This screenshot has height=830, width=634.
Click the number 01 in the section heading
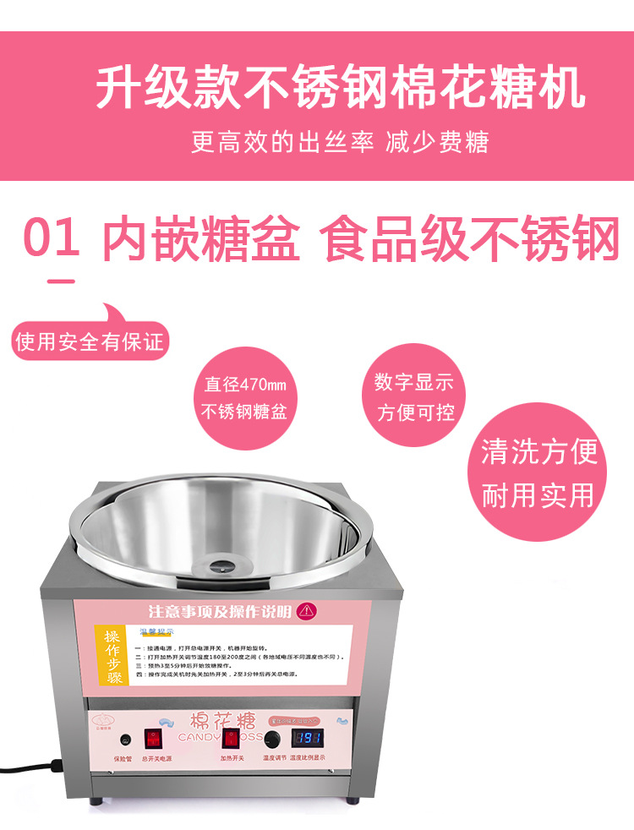[52, 239]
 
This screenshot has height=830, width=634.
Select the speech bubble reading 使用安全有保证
[90, 341]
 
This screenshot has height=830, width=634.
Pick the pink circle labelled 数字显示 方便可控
[414, 397]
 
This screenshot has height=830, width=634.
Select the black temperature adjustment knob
[272, 739]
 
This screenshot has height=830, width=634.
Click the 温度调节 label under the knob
[271, 758]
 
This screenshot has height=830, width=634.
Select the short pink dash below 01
[60, 281]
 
